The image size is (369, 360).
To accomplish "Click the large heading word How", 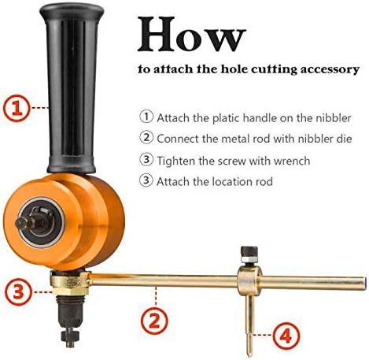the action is point(192,34).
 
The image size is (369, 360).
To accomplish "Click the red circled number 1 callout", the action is point(17,108).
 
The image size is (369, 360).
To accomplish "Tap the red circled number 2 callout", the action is point(154,321).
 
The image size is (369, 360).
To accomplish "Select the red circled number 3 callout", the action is point(18,291).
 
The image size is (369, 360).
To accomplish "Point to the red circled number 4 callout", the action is point(286,336).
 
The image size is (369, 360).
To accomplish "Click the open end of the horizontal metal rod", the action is point(365,282).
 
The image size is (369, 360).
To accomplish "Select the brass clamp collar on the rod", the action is point(249,281).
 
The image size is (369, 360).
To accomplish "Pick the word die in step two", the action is point(344,139).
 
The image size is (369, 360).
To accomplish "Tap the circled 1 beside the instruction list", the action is point(146,117).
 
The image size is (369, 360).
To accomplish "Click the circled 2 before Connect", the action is point(146,137).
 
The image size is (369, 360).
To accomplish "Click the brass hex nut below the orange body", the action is point(70,284).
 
